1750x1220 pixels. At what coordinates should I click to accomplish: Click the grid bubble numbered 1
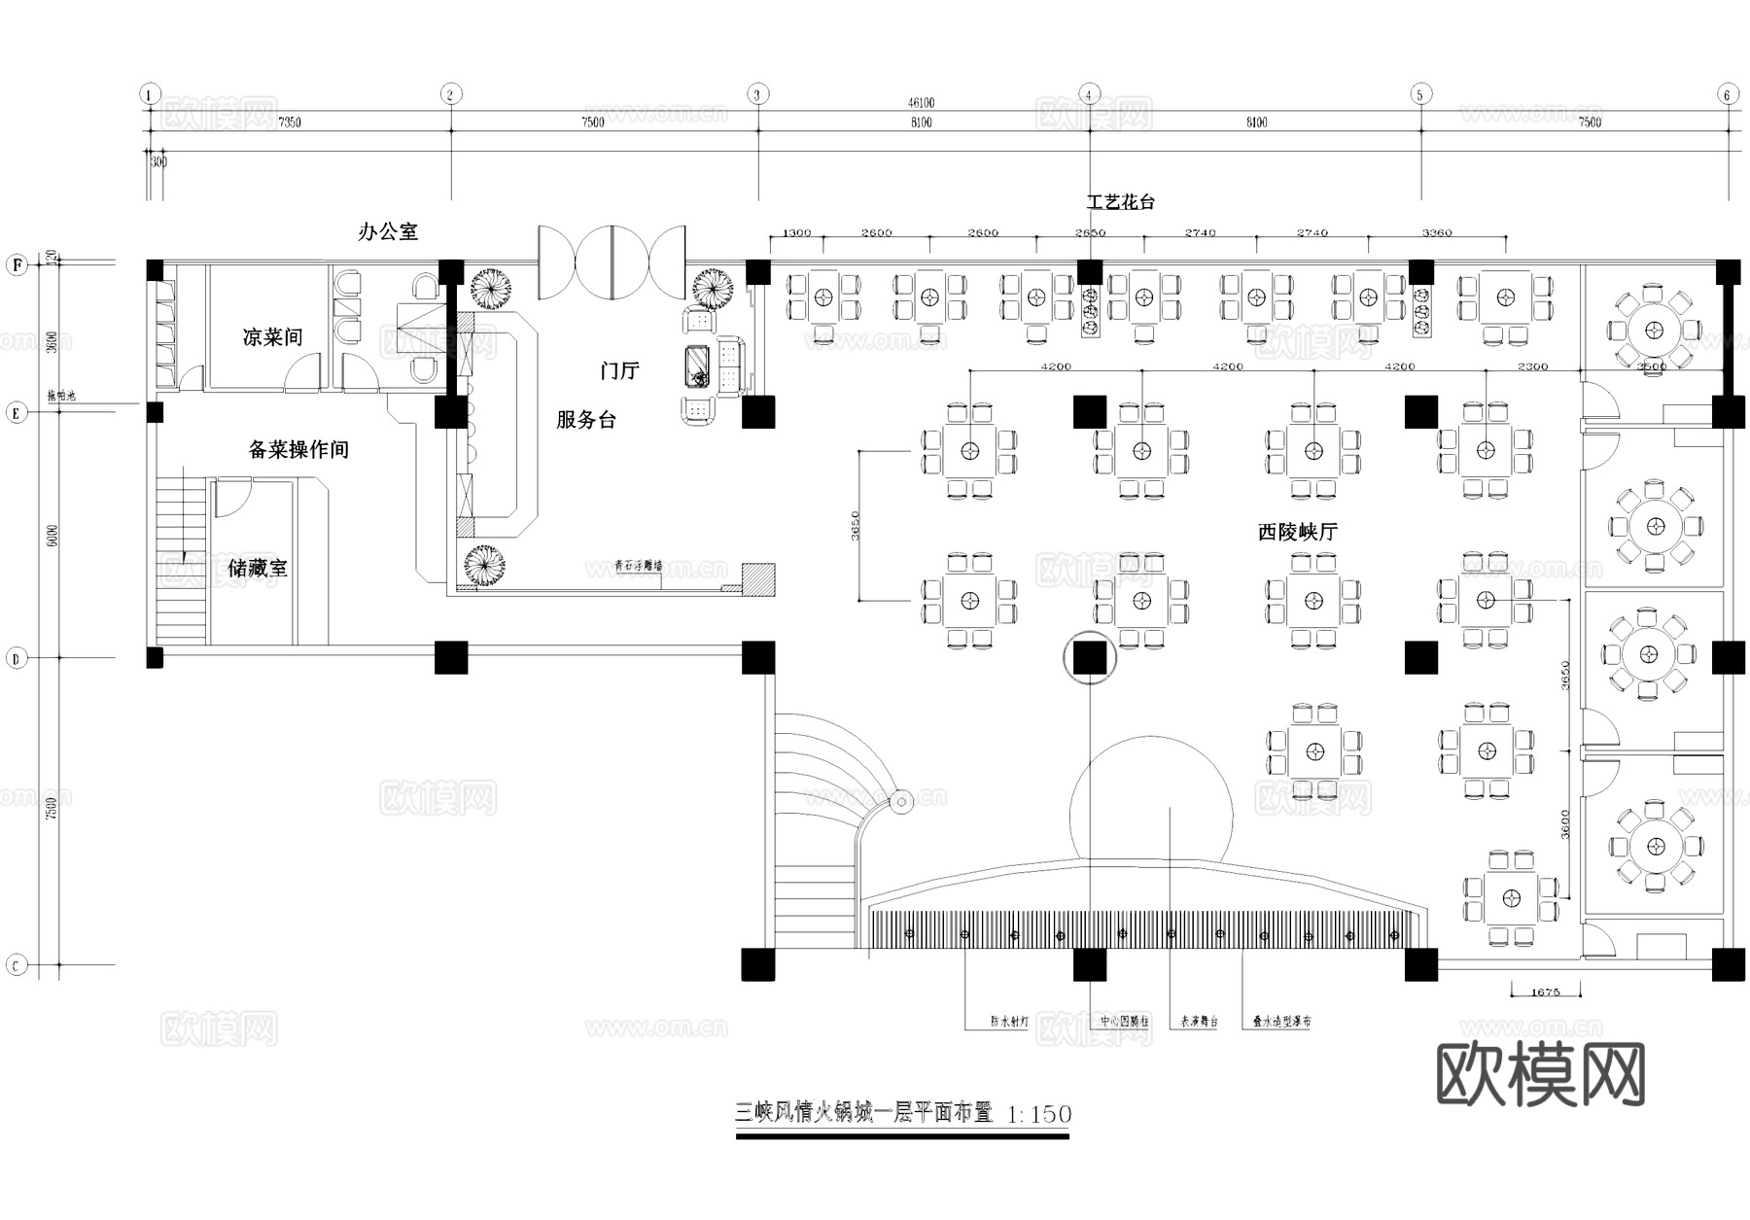pos(149,94)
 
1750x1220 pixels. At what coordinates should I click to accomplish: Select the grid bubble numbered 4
pos(1090,94)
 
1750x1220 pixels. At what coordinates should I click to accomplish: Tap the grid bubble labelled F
pos(16,264)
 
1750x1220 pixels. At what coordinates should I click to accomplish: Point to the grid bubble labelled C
pos(16,965)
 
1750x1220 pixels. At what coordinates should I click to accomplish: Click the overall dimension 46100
pos(921,102)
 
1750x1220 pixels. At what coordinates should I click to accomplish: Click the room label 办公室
pos(388,231)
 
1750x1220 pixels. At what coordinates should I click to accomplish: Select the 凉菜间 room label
pos(272,337)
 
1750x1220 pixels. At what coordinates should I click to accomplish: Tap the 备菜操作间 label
pos(298,449)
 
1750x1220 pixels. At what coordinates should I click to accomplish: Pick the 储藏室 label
pos(258,568)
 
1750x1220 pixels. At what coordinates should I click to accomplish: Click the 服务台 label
pos(586,420)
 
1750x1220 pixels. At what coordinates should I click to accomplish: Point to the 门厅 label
pos(619,370)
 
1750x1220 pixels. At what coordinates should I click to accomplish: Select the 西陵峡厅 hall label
pos(1298,532)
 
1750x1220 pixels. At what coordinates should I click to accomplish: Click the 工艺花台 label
pos(1121,202)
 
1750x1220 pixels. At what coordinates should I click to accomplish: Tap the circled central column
pos(1090,658)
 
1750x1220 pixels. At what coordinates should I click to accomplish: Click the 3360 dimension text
pos(1437,232)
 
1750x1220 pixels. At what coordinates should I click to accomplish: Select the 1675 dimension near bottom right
pos(1545,992)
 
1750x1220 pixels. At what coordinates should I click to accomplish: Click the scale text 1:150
pos(1039,1114)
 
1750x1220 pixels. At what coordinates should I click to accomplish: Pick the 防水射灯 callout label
pos(1008,1022)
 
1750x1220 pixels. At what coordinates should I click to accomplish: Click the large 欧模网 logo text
pos(1540,1075)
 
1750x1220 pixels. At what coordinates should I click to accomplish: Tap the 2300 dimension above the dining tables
pos(1532,366)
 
